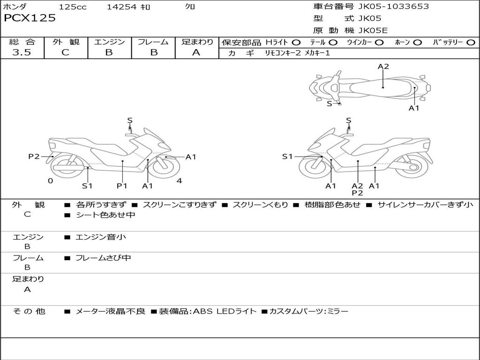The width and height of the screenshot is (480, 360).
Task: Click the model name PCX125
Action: [30, 18]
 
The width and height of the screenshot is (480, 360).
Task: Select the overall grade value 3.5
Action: [22, 52]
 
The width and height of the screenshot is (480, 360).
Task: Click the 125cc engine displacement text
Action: [73, 7]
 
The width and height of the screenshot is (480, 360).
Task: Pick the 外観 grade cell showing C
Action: [66, 52]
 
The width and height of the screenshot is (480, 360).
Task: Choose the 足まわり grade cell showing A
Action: [196, 52]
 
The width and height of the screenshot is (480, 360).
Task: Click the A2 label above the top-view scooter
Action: [383, 67]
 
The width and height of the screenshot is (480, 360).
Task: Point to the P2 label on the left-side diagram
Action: [34, 157]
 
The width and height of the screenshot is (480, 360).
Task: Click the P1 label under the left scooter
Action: [122, 186]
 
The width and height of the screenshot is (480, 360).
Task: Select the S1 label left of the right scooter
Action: [287, 157]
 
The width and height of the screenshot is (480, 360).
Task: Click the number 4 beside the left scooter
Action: [179, 181]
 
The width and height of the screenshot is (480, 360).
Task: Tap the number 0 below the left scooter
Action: [50, 181]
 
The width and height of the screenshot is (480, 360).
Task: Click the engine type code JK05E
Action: [373, 30]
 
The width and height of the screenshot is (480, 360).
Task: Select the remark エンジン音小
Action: [101, 237]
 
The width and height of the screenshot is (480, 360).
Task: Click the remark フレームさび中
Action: [103, 258]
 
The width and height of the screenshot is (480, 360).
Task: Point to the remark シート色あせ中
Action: [105, 215]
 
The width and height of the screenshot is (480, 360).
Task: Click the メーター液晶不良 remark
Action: [110, 311]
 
